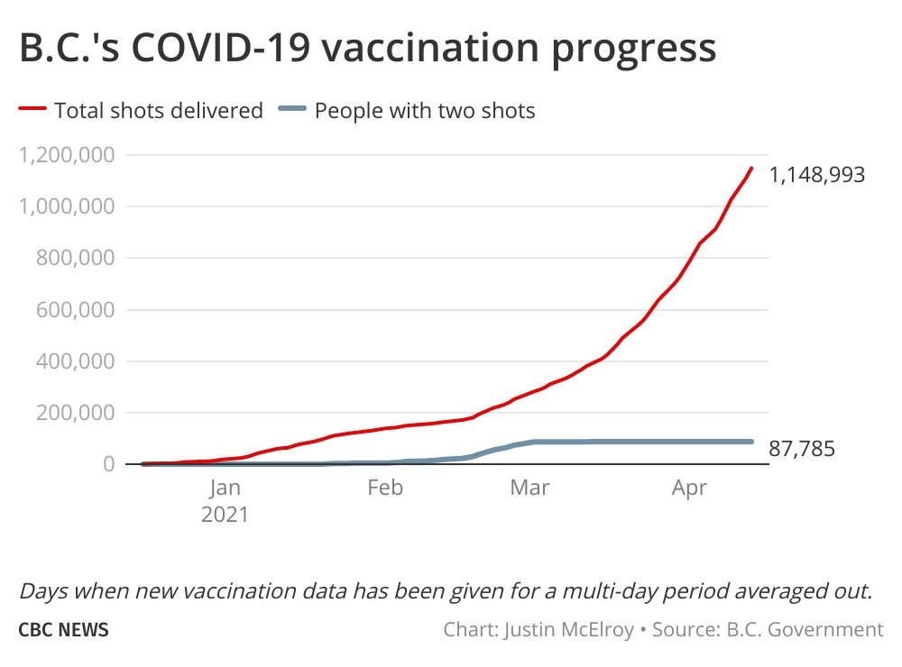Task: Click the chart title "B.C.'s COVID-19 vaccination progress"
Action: click(x=367, y=49)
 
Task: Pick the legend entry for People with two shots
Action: click(x=424, y=111)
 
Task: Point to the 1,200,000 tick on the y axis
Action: click(x=67, y=155)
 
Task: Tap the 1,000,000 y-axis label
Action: click(x=67, y=206)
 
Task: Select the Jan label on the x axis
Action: click(x=225, y=489)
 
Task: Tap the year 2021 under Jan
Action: click(x=225, y=516)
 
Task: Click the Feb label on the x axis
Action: click(x=385, y=489)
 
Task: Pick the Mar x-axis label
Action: click(x=529, y=489)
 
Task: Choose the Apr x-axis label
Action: click(x=690, y=489)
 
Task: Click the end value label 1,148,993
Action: click(x=817, y=175)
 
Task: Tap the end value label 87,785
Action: click(x=802, y=449)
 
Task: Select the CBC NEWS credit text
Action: click(x=64, y=629)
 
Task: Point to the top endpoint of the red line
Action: click(x=751, y=168)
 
